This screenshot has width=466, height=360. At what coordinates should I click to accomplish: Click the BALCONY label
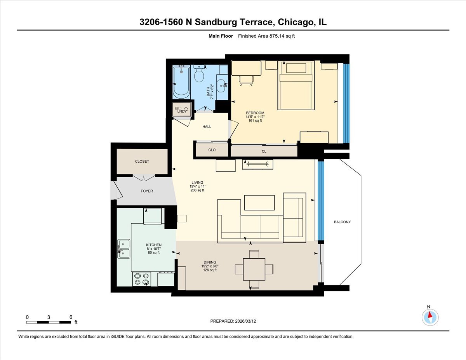(342, 222)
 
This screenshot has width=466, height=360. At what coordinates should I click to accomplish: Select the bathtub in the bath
(181, 82)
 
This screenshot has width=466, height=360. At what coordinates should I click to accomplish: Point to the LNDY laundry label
(182, 111)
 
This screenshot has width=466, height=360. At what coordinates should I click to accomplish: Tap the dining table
(254, 269)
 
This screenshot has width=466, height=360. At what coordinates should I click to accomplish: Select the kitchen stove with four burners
(141, 279)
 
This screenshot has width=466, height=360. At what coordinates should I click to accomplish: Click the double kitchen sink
(124, 249)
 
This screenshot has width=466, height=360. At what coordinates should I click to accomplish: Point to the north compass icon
(430, 317)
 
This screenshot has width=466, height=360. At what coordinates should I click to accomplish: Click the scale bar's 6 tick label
(71, 317)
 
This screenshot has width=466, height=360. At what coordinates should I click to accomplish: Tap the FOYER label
(147, 191)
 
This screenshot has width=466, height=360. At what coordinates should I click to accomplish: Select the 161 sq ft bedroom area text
(255, 121)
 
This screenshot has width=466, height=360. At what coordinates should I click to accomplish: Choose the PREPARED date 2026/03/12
(233, 322)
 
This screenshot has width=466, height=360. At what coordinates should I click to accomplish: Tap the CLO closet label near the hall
(212, 150)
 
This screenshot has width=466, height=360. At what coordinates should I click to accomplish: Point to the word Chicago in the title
(295, 22)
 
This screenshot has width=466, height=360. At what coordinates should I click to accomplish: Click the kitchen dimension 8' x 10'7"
(154, 249)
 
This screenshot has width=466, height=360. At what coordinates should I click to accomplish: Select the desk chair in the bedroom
(246, 80)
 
